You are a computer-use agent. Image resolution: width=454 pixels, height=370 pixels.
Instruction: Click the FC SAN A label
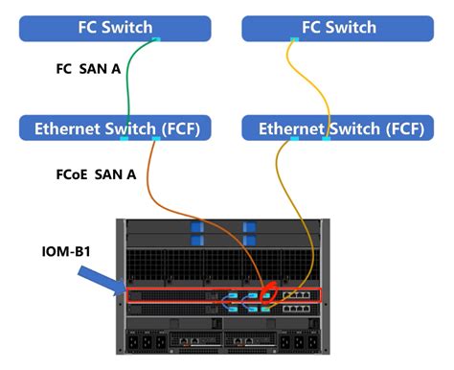(x=86, y=70)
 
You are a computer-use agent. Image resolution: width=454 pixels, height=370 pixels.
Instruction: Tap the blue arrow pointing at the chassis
(x=105, y=281)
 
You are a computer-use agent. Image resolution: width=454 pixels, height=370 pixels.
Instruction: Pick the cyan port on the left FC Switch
(x=156, y=39)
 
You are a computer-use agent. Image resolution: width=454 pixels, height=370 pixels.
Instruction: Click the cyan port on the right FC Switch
(x=292, y=39)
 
